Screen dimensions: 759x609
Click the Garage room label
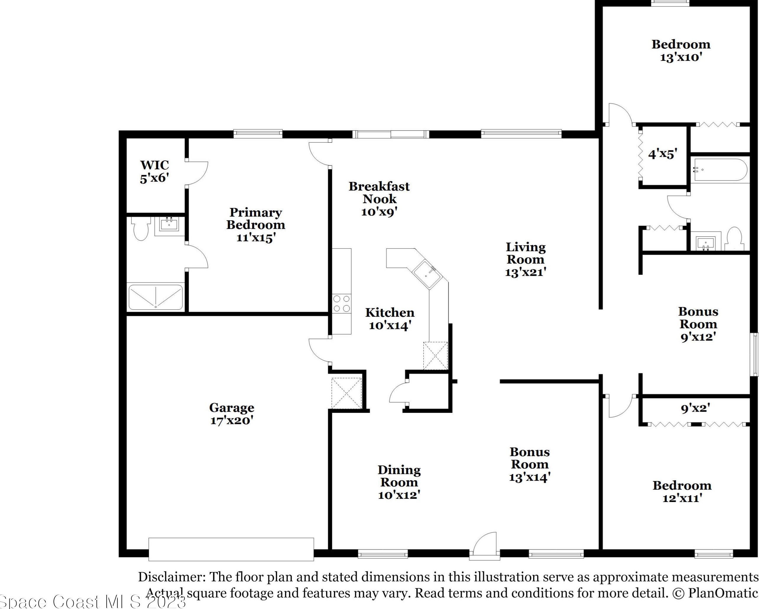[x=232, y=414]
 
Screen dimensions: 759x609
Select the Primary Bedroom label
[x=255, y=225]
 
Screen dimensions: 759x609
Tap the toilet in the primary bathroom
[x=141, y=228]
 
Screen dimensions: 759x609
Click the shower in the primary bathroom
[x=156, y=297]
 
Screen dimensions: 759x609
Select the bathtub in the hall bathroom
[x=720, y=170]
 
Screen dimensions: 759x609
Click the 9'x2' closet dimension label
[x=695, y=408]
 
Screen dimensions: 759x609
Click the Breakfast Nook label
[x=379, y=199]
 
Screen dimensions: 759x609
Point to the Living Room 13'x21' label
[x=526, y=260]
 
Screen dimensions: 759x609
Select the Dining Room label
[x=399, y=482]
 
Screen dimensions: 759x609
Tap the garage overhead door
[x=231, y=549]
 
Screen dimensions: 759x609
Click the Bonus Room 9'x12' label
[x=698, y=324]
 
